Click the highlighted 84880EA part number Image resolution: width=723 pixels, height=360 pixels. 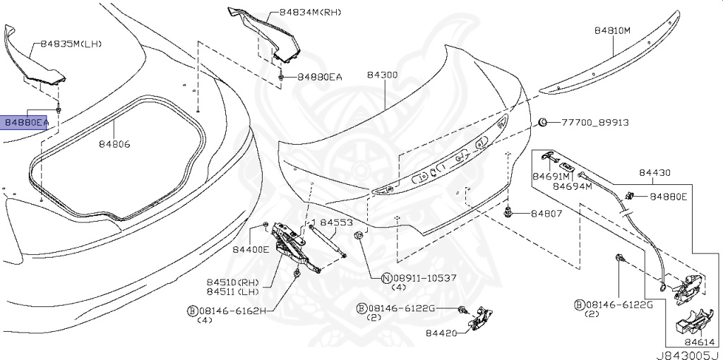(x=26, y=123)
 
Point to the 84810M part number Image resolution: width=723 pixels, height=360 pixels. (x=612, y=31)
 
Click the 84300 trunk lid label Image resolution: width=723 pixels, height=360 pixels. (x=382, y=75)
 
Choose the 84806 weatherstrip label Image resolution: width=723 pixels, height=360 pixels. (x=114, y=144)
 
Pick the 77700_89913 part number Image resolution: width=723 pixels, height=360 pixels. (x=594, y=123)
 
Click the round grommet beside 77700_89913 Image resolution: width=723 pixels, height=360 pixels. (x=543, y=122)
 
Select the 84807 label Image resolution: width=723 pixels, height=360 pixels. (x=546, y=213)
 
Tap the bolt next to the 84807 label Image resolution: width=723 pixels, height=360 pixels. (x=508, y=212)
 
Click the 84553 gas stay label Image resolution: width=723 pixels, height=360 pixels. (x=337, y=222)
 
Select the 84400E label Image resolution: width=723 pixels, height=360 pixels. (x=251, y=249)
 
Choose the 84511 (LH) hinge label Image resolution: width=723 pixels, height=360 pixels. (x=232, y=292)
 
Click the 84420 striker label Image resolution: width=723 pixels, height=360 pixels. (x=441, y=332)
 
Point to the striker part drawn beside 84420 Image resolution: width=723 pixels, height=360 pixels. (x=479, y=319)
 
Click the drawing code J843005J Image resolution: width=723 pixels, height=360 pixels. (x=689, y=355)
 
